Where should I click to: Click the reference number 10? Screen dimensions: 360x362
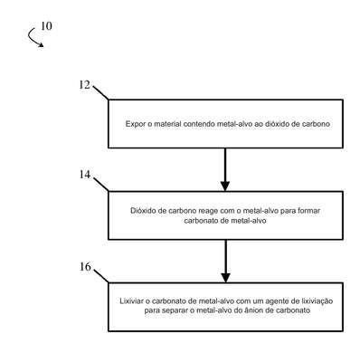[46, 26]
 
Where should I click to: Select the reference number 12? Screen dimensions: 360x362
[85, 85]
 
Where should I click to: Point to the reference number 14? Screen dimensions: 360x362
[85, 175]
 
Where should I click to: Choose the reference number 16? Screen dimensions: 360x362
[85, 267]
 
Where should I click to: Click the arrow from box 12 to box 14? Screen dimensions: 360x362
[225, 169]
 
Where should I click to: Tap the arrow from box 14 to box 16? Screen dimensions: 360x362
[225, 262]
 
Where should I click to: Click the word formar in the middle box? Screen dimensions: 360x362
[308, 211]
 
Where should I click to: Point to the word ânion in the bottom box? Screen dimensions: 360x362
[260, 310]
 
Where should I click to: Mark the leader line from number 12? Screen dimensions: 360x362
[100, 93]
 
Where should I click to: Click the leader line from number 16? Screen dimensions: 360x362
[101, 276]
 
